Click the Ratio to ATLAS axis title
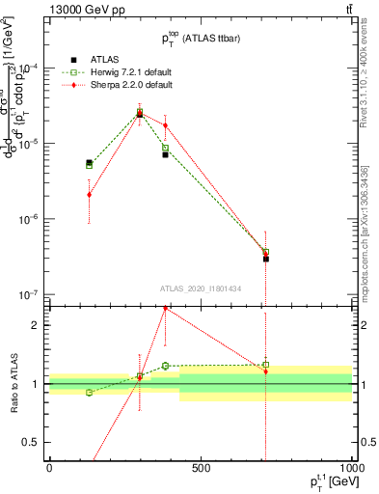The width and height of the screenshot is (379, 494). (14, 384)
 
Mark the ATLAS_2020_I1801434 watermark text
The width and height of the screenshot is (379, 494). (201, 288)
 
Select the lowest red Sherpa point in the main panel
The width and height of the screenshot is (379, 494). (266, 255)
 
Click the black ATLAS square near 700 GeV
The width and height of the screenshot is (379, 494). (266, 259)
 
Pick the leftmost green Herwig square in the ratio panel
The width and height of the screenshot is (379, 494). (90, 393)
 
